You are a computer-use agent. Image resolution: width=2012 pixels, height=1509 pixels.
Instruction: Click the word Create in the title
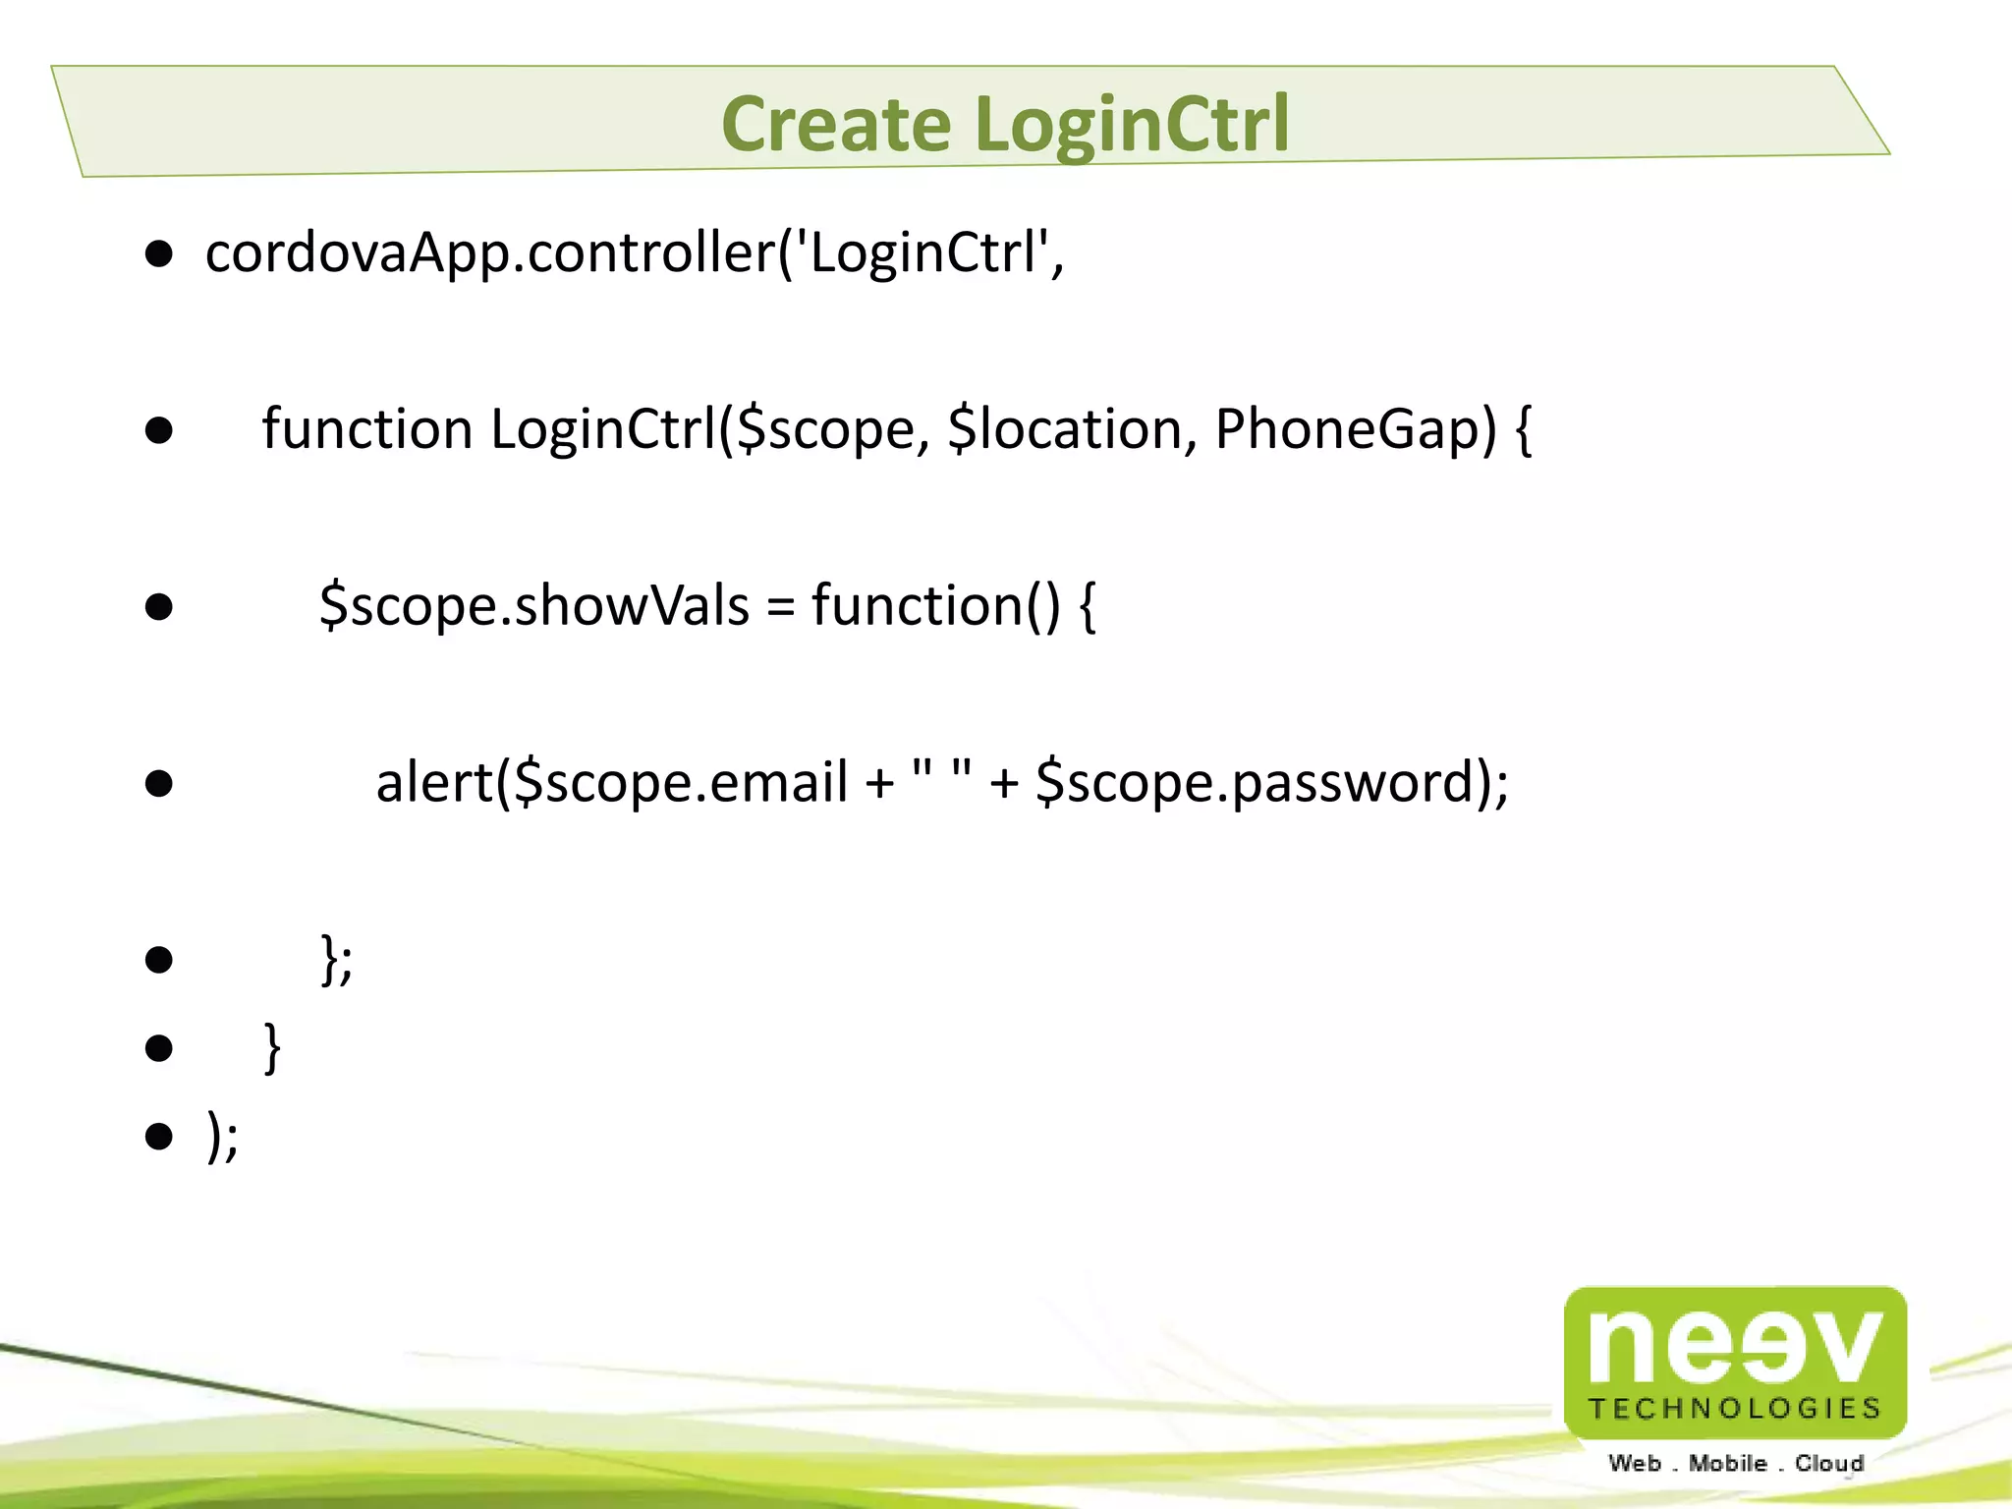pyautogui.click(x=836, y=125)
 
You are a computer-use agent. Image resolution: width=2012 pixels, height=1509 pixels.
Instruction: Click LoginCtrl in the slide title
pyautogui.click(x=1133, y=125)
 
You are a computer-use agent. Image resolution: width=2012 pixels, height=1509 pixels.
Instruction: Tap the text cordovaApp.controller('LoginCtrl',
pyautogui.click(x=635, y=252)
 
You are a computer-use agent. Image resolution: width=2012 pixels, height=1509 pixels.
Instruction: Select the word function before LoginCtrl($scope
pyautogui.click(x=367, y=429)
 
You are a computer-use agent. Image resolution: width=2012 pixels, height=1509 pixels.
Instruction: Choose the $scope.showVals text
pyautogui.click(x=534, y=605)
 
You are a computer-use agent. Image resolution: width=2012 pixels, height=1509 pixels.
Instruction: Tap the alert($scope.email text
pyautogui.click(x=612, y=782)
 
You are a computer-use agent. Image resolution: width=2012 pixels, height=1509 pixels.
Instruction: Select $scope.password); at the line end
pyautogui.click(x=1272, y=782)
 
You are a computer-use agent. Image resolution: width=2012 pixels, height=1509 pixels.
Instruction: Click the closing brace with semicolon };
pyautogui.click(x=337, y=959)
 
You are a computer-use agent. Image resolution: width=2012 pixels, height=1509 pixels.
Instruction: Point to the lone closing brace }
pyautogui.click(x=272, y=1047)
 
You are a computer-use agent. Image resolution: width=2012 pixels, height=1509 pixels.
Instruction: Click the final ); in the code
pyautogui.click(x=223, y=1136)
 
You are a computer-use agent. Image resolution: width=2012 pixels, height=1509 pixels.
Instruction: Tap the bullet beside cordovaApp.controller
pyautogui.click(x=159, y=254)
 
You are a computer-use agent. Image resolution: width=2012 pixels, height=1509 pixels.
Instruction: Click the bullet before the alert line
pyautogui.click(x=159, y=784)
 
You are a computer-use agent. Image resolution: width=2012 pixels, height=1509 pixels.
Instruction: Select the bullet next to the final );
pyautogui.click(x=159, y=1137)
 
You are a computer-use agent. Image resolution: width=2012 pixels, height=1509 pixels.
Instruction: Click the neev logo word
pyautogui.click(x=1735, y=1345)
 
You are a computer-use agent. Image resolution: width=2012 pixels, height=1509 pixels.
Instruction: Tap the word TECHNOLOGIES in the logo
pyautogui.click(x=1735, y=1409)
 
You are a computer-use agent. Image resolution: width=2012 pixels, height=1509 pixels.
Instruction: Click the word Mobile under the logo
pyautogui.click(x=1727, y=1463)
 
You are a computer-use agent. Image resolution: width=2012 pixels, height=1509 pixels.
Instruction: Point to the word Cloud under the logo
pyautogui.click(x=1829, y=1463)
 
